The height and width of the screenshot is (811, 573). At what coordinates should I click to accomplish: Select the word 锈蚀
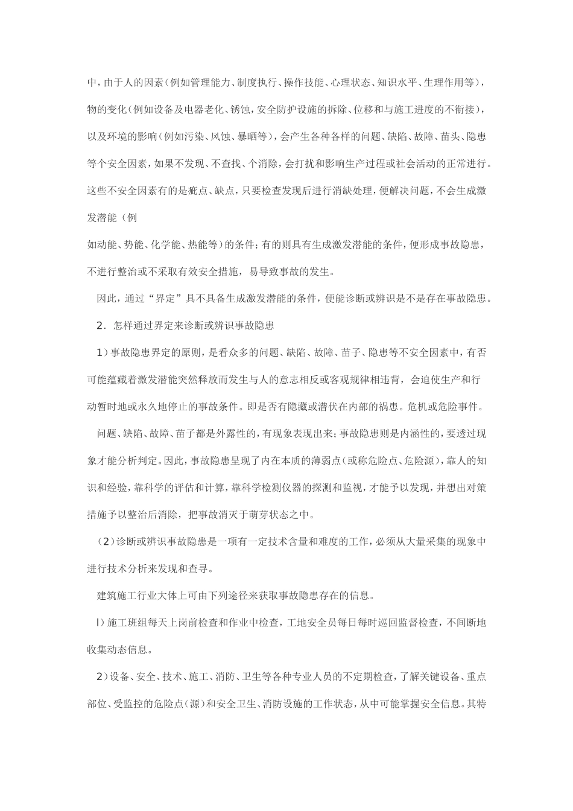[x=239, y=110]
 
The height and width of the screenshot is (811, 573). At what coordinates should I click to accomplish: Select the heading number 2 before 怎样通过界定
[x=100, y=326]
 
